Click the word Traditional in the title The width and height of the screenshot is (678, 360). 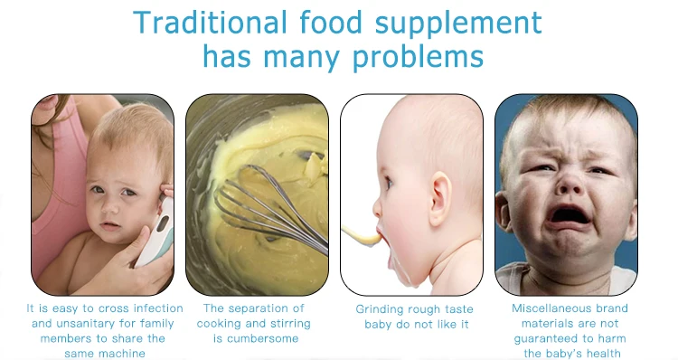(210, 23)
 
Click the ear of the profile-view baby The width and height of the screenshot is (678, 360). (440, 198)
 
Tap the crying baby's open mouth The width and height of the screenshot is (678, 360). (569, 216)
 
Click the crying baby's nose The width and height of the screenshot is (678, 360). (570, 184)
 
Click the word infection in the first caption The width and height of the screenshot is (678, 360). (158, 308)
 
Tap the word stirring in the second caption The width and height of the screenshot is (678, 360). (290, 324)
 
